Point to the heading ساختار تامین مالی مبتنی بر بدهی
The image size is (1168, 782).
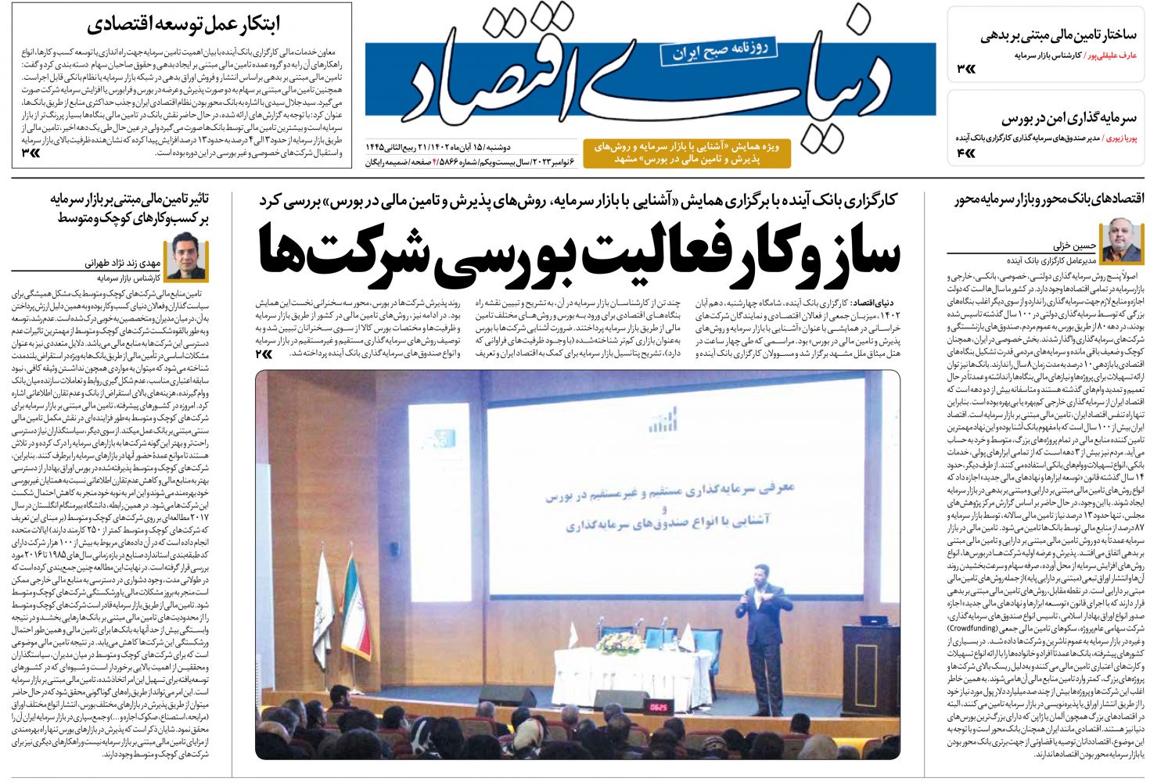(1058, 35)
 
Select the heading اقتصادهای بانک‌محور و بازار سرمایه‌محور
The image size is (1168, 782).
(1048, 200)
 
